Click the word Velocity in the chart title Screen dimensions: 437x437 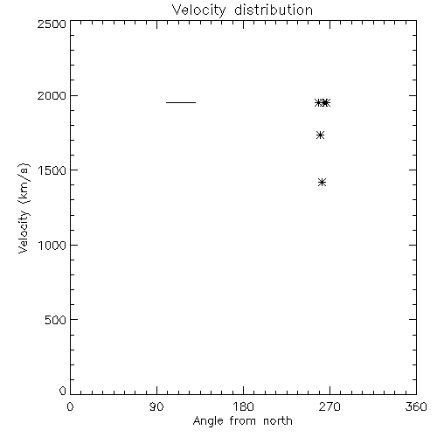coord(198,10)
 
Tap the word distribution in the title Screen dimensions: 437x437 coord(274,10)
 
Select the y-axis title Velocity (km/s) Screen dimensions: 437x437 coord(24,208)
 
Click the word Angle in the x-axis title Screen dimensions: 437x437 coord(208,421)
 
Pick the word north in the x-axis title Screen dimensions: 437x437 coord(278,420)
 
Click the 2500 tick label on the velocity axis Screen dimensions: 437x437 coord(52,24)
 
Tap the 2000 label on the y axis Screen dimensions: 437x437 coord(52,95)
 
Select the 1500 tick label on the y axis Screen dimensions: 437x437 coord(52,170)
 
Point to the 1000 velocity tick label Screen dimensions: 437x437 coord(52,246)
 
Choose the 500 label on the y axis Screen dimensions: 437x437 coord(56,320)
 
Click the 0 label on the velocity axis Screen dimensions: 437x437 coord(63,391)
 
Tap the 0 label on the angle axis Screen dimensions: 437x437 coord(70,406)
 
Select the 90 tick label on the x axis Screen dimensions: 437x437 coord(156,406)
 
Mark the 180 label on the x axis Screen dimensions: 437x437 coord(243,406)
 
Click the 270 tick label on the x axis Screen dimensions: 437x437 coord(329,406)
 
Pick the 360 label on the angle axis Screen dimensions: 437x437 coord(416,406)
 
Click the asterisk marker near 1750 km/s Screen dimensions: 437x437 coord(320,135)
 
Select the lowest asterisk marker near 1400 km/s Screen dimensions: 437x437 coord(322,183)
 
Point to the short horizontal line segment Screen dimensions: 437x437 coord(181,102)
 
